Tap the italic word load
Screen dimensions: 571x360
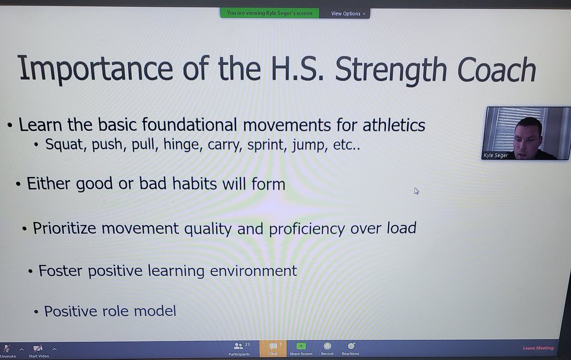(402, 228)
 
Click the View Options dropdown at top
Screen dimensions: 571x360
(348, 13)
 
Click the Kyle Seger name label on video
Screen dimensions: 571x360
(496, 155)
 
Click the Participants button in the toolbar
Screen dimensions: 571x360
(239, 349)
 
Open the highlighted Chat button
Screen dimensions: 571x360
(273, 349)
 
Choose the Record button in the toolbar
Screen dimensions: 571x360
(327, 349)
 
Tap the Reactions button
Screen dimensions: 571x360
(350, 349)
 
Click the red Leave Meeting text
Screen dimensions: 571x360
(538, 348)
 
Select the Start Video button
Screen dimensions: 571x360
(39, 351)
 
